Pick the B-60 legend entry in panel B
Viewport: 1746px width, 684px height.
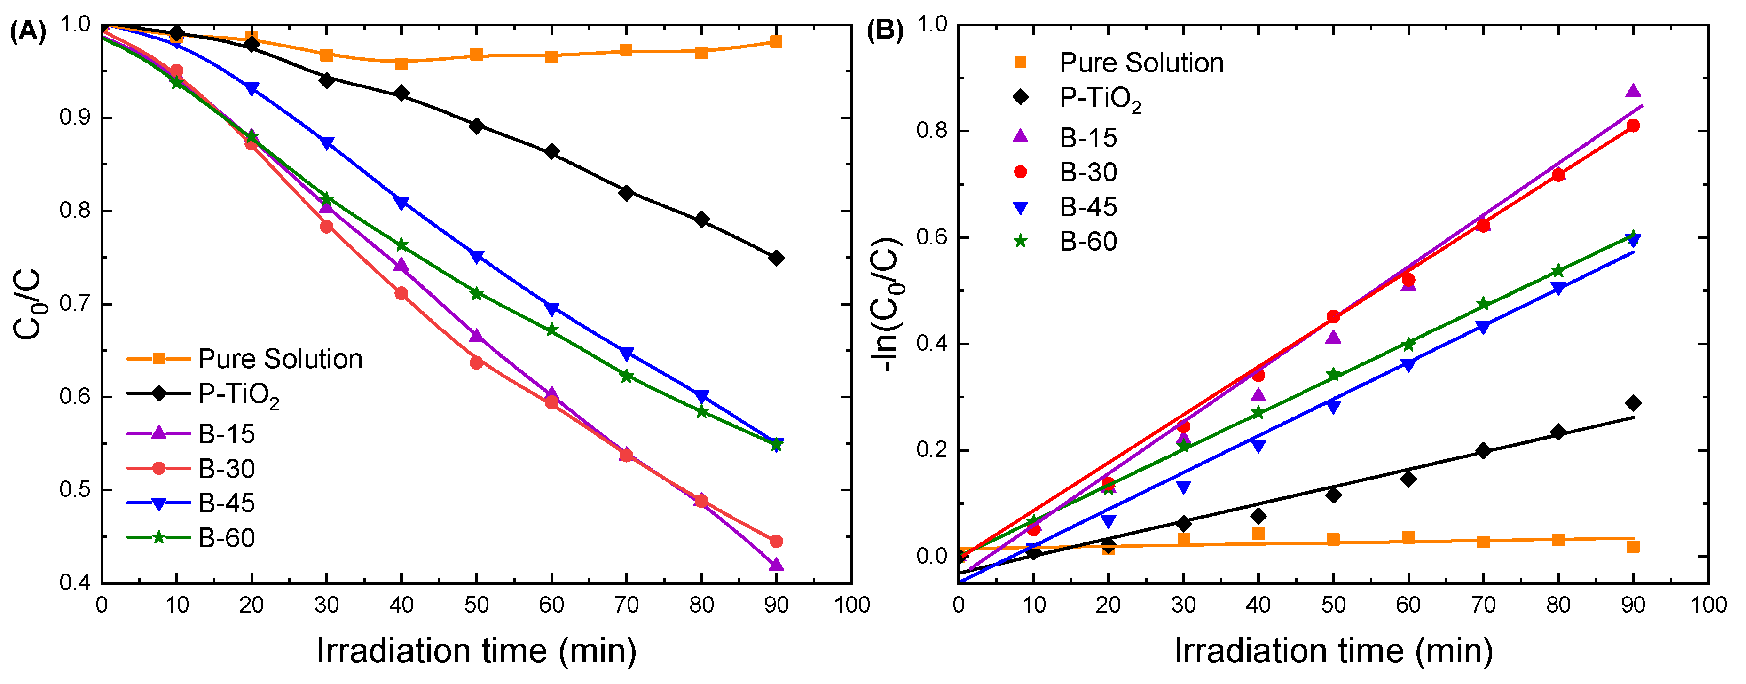1065,241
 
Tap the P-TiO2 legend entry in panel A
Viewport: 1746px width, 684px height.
204,395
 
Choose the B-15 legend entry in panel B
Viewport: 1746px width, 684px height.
1065,138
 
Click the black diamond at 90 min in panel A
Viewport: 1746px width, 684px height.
777,258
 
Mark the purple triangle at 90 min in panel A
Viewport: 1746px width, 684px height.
777,565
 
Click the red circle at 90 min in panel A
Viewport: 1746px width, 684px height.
777,541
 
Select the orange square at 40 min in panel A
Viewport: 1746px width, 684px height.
401,64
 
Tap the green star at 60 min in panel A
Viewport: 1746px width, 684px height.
552,330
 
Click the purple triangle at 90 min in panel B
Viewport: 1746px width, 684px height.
1634,91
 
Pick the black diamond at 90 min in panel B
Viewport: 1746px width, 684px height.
1634,403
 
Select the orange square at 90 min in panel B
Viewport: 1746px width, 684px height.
1634,546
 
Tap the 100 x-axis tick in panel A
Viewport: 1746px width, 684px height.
851,605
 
